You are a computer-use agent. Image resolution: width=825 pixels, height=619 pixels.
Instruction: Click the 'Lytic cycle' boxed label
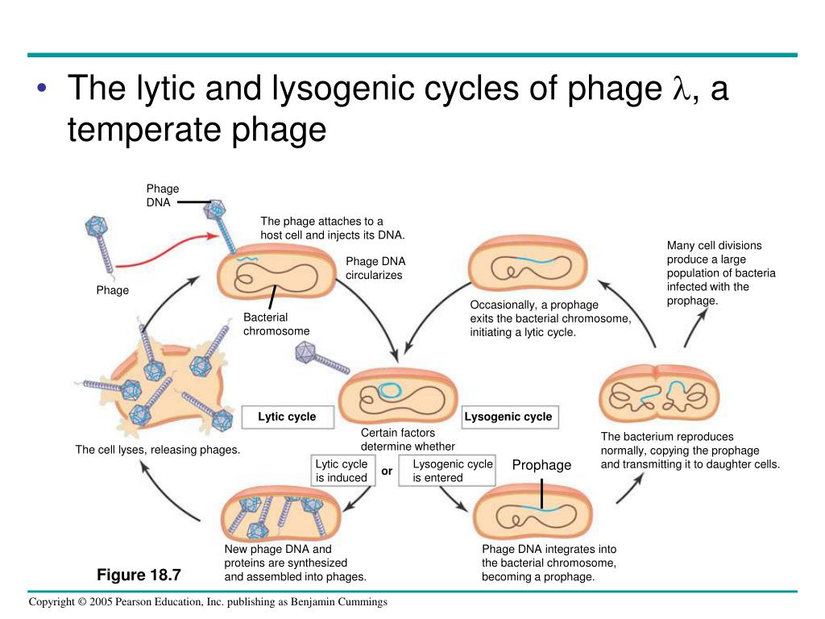(x=287, y=417)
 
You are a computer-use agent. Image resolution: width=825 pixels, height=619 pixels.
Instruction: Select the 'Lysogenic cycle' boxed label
(x=508, y=417)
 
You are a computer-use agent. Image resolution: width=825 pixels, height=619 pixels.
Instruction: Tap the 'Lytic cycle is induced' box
(x=342, y=471)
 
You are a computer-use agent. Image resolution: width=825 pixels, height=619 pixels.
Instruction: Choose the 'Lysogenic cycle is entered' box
(x=452, y=471)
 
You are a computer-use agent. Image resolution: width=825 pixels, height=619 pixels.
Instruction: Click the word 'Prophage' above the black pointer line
(x=541, y=465)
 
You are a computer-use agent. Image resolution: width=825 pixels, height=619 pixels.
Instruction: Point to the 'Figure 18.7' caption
(x=139, y=575)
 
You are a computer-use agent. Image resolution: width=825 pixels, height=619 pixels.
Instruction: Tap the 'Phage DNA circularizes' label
(x=375, y=268)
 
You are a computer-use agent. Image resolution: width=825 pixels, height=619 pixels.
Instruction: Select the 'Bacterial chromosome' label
(x=276, y=324)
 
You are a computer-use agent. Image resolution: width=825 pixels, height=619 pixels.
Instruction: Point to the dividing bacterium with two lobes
(x=659, y=393)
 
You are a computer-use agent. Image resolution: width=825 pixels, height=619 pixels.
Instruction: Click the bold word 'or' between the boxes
(x=387, y=471)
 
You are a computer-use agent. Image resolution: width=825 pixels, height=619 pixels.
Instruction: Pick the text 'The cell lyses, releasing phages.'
(x=158, y=450)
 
